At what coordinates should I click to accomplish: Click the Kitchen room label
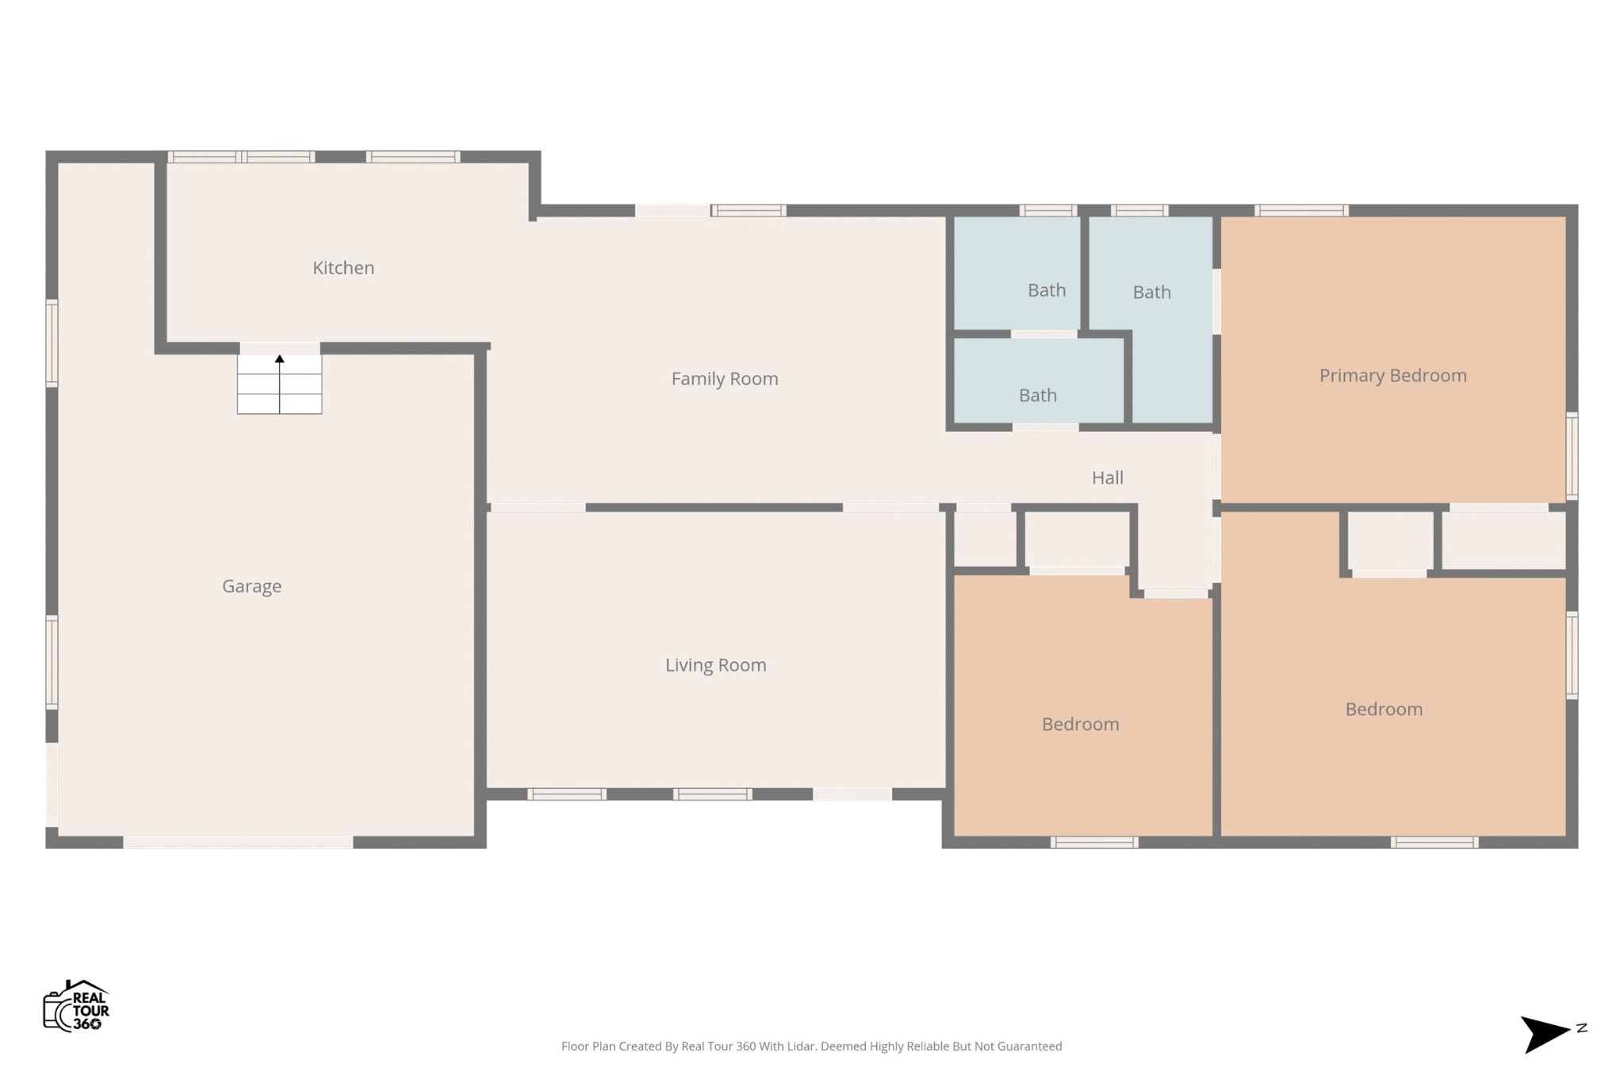[x=343, y=268]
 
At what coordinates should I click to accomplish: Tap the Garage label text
[x=251, y=587]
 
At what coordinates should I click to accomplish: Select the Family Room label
[x=725, y=379]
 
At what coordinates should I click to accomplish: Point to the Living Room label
[x=715, y=665]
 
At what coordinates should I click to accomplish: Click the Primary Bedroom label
[x=1392, y=376]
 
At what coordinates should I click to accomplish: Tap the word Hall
[x=1107, y=477]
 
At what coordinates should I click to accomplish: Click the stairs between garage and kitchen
[x=279, y=384]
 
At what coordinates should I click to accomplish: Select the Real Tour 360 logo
[x=76, y=1006]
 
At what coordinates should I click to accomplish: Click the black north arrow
[x=1543, y=1034]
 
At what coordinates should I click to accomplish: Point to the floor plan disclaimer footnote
[x=811, y=1047]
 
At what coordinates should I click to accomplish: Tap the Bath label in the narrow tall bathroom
[x=1151, y=293]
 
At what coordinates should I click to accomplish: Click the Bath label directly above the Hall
[x=1037, y=396]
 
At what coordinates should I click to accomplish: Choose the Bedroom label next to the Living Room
[x=1080, y=725]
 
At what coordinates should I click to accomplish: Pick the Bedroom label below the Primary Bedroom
[x=1384, y=710]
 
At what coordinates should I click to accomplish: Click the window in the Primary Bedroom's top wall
[x=1301, y=210]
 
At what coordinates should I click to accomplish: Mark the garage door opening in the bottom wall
[x=238, y=842]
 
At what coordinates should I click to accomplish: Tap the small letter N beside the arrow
[x=1581, y=1028]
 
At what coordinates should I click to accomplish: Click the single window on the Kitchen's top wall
[x=413, y=157]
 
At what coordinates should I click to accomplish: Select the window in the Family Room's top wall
[x=748, y=210]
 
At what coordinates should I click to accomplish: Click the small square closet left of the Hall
[x=984, y=539]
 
